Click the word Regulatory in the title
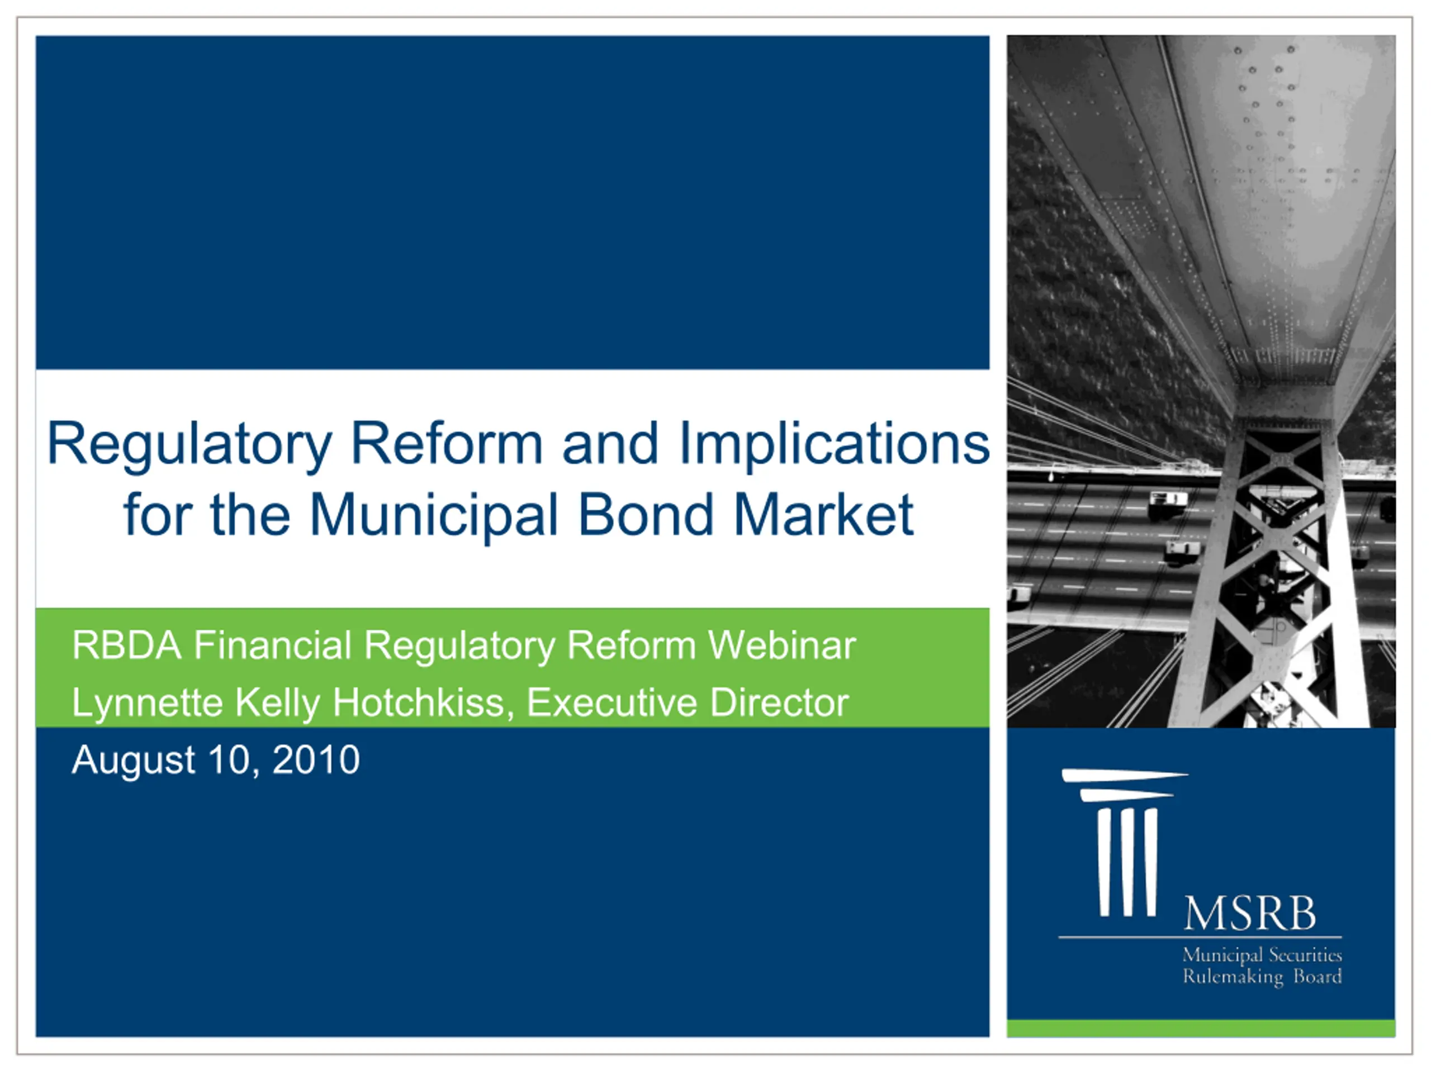pyautogui.click(x=189, y=445)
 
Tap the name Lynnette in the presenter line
pyautogui.click(x=147, y=704)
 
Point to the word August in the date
pyautogui.click(x=133, y=761)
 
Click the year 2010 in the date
pyautogui.click(x=316, y=759)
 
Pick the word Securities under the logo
pyautogui.click(x=1305, y=955)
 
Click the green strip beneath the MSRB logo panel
pyautogui.click(x=1201, y=1028)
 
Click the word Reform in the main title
pyautogui.click(x=447, y=444)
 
